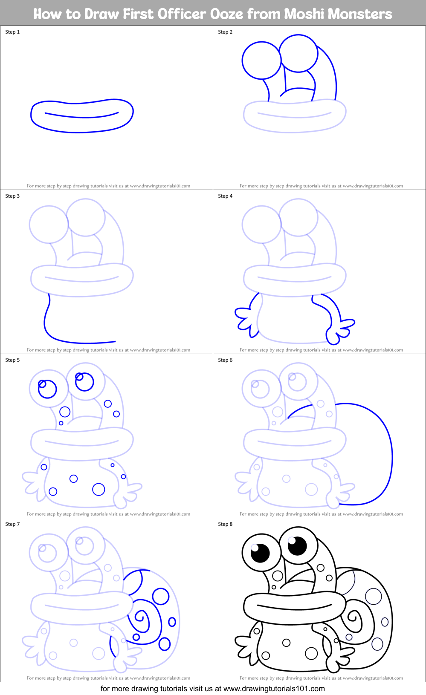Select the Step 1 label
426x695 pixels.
[x=12, y=32]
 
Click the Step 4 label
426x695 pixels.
[x=225, y=196]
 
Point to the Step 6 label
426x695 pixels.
[x=225, y=360]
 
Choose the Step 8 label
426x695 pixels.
[x=225, y=524]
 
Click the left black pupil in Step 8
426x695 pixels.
[x=260, y=554]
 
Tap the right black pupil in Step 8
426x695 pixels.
[x=297, y=545]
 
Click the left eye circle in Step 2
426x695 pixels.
[x=261, y=60]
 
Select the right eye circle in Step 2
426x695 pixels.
[x=299, y=53]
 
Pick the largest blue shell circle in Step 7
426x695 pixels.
[x=161, y=596]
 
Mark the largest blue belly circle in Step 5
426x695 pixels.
[x=99, y=489]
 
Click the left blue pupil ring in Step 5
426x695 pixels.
[x=47, y=389]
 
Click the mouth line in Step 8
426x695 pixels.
[x=294, y=607]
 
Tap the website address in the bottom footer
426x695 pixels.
[x=274, y=689]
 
